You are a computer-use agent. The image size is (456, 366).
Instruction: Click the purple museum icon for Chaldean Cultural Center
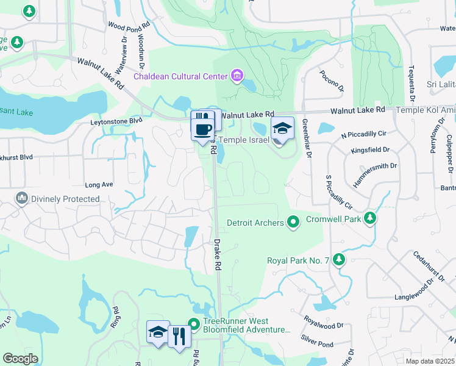pyautogui.click(x=237, y=76)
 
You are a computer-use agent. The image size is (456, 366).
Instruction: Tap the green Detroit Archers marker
pyautogui.click(x=293, y=223)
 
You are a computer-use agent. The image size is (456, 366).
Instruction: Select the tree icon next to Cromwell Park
pyautogui.click(x=369, y=218)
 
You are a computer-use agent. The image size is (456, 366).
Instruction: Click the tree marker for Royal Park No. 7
pyautogui.click(x=339, y=260)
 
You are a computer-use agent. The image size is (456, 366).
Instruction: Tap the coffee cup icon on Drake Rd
pyautogui.click(x=202, y=129)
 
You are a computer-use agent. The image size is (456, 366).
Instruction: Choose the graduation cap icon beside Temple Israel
pyautogui.click(x=282, y=128)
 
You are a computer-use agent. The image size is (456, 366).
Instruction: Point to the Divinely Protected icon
pyautogui.click(x=22, y=198)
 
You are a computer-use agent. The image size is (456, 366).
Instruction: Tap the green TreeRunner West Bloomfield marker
pyautogui.click(x=194, y=323)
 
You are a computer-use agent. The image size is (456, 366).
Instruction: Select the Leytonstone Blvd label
pyautogui.click(x=116, y=121)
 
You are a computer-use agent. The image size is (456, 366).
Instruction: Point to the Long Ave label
pyautogui.click(x=99, y=184)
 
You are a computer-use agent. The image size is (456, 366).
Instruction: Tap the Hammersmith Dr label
pyautogui.click(x=375, y=174)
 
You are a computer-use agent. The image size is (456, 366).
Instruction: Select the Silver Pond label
pyautogui.click(x=317, y=344)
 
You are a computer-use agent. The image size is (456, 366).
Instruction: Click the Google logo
pyautogui.click(x=20, y=359)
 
